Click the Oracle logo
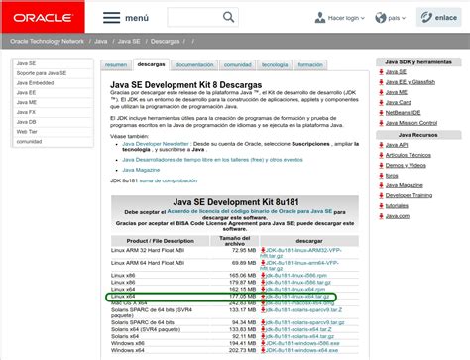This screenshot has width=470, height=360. pyautogui.click(x=43, y=17)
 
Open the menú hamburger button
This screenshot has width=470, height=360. pyautogui.click(x=124, y=18)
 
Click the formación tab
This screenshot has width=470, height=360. pyautogui.click(x=310, y=64)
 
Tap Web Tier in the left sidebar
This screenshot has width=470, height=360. pyautogui.click(x=29, y=129)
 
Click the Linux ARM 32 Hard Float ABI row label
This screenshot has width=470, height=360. pyautogui.click(x=148, y=251)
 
